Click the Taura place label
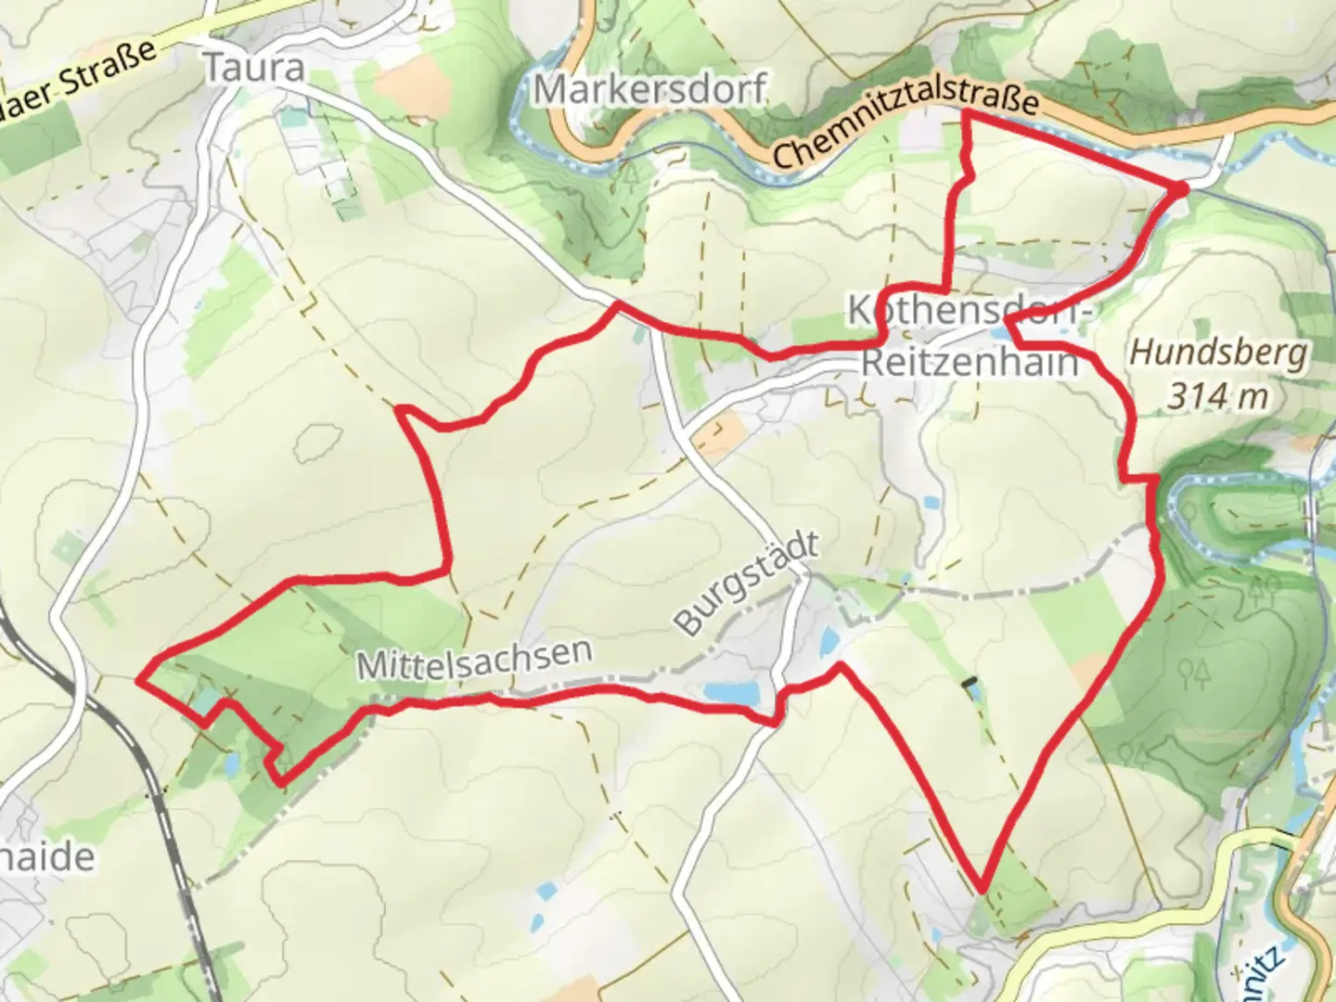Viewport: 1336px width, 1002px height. point(253,67)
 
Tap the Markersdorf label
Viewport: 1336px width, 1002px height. point(649,90)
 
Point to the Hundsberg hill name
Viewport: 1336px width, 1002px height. point(1219,353)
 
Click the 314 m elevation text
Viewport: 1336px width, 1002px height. point(1216,396)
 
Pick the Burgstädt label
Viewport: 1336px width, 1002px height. point(747,583)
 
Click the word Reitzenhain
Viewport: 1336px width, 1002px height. point(970,362)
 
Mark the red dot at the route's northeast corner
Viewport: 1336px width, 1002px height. point(1181,188)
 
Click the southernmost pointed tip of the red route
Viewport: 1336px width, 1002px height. point(981,886)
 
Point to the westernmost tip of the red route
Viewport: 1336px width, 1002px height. point(140,680)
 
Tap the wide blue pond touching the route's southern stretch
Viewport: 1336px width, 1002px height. point(731,691)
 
